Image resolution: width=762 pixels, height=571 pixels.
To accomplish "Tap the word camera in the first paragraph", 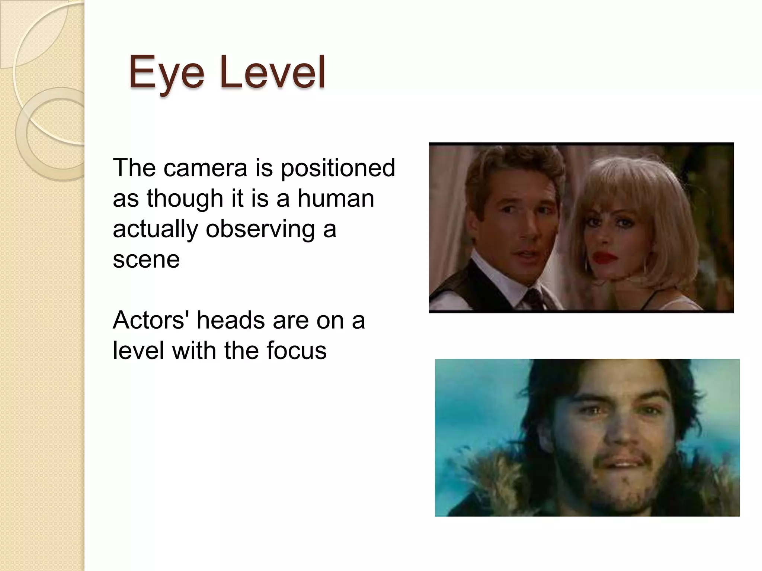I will [x=205, y=168].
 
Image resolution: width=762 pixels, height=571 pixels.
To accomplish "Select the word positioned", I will [x=337, y=168].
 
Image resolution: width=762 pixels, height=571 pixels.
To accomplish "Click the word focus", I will [x=294, y=351].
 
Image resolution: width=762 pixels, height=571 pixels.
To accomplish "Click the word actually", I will [x=155, y=229].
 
